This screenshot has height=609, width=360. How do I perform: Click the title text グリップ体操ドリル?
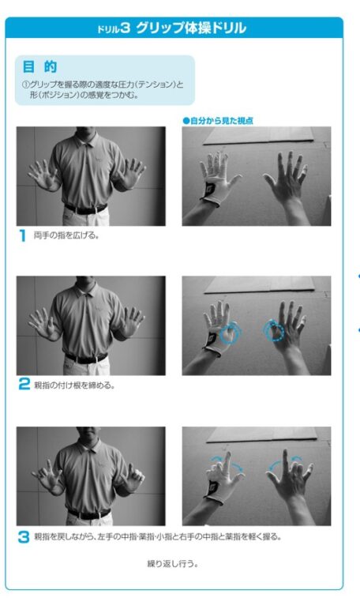(x=191, y=28)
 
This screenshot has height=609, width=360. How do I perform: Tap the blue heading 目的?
(x=40, y=67)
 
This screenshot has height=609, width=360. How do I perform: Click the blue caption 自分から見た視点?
(x=218, y=121)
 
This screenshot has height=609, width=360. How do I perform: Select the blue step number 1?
(x=23, y=235)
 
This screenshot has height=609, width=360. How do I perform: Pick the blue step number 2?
(x=24, y=384)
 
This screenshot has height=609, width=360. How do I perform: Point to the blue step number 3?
(x=24, y=537)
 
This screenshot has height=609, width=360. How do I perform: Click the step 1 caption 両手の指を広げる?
(x=66, y=235)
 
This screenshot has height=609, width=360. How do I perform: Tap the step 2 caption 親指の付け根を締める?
(x=74, y=385)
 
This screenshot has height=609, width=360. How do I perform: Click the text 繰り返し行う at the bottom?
(x=172, y=563)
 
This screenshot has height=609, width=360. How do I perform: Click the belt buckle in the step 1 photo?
(x=87, y=211)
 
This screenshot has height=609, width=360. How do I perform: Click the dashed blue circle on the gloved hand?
(x=229, y=333)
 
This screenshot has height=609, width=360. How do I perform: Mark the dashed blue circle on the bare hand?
(x=274, y=331)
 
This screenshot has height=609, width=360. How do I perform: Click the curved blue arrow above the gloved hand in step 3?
(x=228, y=461)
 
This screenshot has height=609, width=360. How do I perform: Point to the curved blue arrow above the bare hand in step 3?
(x=286, y=461)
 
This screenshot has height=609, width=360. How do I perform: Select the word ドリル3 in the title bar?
(x=113, y=28)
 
